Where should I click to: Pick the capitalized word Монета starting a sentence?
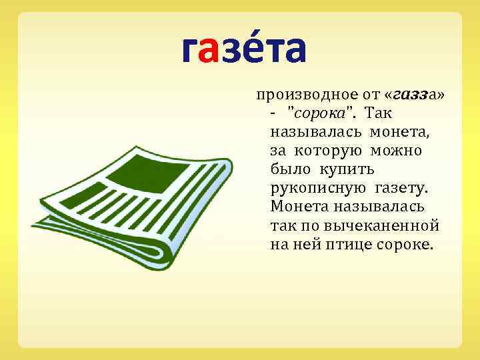point(298,207)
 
